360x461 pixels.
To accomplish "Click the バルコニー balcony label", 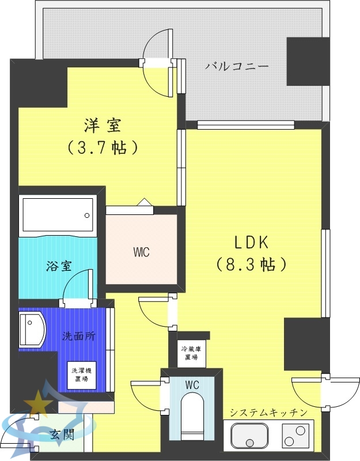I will tap(237, 66).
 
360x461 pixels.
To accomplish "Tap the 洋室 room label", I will tap(103, 124).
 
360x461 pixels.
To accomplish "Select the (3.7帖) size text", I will tap(103, 148).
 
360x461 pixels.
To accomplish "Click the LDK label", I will tap(251, 241).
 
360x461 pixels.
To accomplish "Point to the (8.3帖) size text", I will tap(251, 264).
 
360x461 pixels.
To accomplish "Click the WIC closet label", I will tap(141, 252).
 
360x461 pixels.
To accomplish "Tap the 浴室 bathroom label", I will tap(59, 266).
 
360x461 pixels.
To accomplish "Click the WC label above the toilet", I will tap(192, 384).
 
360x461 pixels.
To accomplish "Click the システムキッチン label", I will tap(268, 412).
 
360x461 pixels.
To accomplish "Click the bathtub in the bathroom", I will tap(58, 215).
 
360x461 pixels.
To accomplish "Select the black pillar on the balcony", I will tap(308, 62).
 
